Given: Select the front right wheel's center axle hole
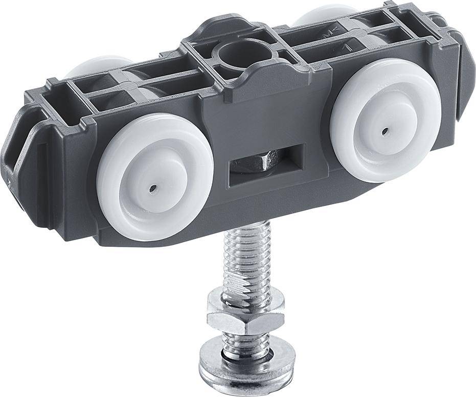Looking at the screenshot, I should coord(384,131).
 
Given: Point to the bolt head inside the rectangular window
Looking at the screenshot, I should coord(255,163).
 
